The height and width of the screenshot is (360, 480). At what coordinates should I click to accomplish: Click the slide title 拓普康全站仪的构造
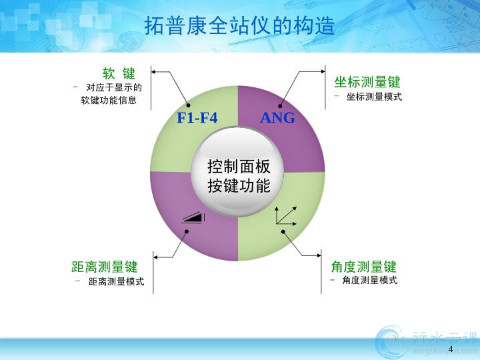point(239,25)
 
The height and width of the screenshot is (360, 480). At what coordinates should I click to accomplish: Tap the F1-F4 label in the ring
point(197,117)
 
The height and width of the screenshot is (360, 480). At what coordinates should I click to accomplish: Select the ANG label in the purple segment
point(277,117)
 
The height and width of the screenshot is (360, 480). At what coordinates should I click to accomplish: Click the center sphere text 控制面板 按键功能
point(239,176)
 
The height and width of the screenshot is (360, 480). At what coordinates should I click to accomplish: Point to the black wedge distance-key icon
point(193,217)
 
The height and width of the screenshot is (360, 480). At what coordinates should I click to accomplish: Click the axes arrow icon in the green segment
point(285,216)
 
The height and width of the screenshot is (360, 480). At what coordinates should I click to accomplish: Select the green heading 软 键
point(119,74)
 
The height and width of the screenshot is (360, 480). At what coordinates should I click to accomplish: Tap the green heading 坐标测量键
point(367,82)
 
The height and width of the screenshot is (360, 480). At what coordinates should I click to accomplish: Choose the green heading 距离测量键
point(105,267)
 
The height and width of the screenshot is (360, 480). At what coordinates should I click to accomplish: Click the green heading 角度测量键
point(364,267)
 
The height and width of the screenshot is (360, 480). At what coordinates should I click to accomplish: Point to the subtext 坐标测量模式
point(374,97)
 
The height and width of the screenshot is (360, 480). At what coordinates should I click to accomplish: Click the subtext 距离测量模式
point(116,281)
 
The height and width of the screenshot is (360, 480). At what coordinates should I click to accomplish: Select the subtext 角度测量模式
point(370,280)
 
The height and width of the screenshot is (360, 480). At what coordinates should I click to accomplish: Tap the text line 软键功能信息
point(109,100)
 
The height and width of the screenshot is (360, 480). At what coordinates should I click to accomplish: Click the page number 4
point(451,349)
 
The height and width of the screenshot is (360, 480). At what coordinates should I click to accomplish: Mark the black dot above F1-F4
point(189,106)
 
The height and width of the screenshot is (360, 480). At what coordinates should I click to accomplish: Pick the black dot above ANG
point(280,106)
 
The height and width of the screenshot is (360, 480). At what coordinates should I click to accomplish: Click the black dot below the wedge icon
point(187,232)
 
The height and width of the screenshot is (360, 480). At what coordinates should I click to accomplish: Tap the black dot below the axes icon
point(283,232)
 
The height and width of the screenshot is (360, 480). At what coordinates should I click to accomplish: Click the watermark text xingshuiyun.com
point(445,351)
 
